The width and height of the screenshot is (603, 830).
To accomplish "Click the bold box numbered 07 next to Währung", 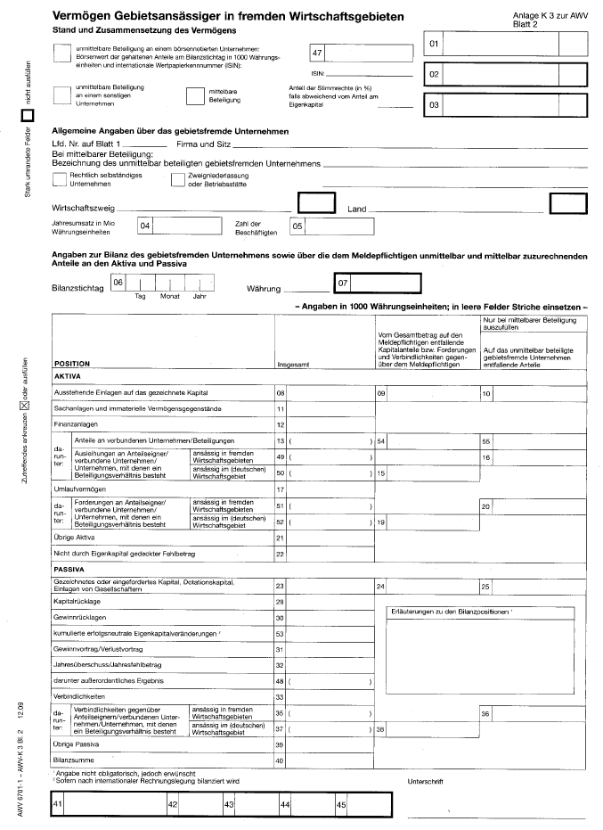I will tap(374, 284).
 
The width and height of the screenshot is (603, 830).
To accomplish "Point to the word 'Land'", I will tap(356, 210).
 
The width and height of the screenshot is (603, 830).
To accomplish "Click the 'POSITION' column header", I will tap(72, 364).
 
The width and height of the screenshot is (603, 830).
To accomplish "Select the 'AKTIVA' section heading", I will tap(68, 377).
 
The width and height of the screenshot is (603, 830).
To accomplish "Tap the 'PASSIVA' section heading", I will tap(69, 567).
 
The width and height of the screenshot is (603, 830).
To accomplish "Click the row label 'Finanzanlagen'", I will tap(76, 424).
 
